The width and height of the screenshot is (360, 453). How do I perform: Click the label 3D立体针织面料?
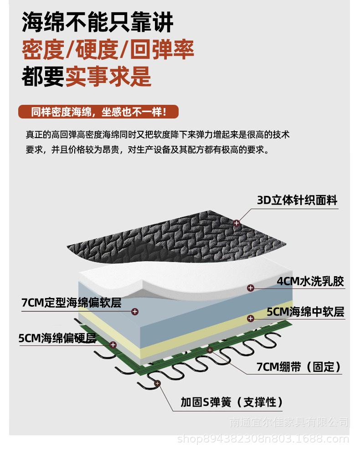[297, 200]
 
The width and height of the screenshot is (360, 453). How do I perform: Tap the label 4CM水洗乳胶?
[310, 281]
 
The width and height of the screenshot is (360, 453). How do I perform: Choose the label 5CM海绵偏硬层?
[57, 338]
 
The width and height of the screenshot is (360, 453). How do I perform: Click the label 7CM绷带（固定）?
[298, 367]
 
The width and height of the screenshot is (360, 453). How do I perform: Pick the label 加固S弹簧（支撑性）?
[231, 402]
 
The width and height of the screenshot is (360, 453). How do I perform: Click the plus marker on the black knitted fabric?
[236, 223]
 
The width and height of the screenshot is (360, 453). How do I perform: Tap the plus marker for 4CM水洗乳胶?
[250, 288]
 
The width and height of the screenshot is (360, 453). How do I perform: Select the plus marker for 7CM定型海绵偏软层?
[134, 312]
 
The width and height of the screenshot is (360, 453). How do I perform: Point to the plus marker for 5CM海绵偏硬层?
[113, 345]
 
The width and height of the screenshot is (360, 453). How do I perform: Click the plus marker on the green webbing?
[210, 350]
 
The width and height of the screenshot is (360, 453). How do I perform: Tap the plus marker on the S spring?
[158, 384]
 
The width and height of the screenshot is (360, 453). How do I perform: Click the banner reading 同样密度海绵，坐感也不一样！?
[98, 112]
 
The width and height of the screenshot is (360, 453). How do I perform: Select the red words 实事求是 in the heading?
[108, 77]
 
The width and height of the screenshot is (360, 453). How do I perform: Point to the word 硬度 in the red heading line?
[99, 50]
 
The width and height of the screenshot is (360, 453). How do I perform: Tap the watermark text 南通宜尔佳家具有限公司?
[289, 422]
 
